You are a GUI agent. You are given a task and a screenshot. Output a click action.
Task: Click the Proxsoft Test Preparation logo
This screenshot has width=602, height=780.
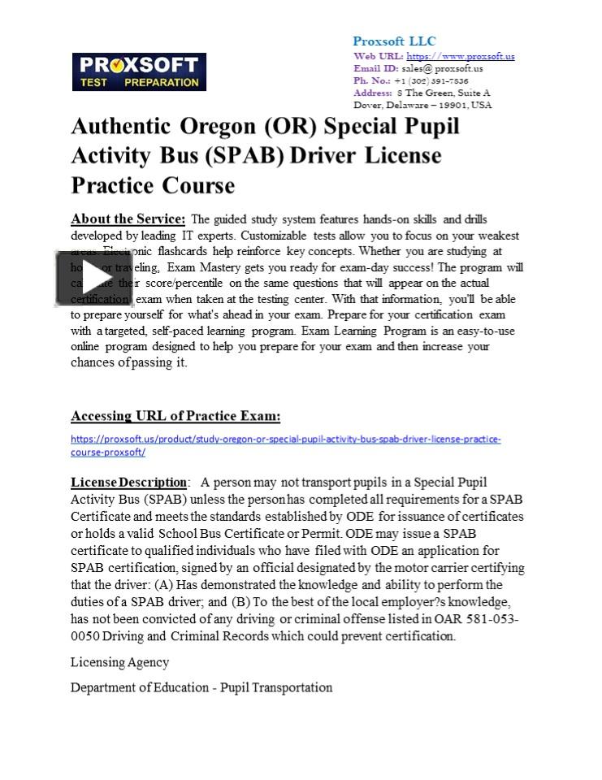click(139, 72)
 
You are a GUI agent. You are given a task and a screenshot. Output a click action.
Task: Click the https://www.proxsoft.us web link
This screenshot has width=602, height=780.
click(460, 56)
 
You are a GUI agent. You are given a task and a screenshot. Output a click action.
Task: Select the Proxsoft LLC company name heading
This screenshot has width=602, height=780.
click(394, 41)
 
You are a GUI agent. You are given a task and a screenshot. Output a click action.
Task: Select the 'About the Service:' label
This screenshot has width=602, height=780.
click(128, 219)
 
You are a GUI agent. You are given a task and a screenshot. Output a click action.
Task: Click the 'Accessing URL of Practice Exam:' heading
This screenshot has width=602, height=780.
click(175, 416)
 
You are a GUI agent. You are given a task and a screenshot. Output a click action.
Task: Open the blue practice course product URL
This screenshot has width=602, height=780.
click(285, 445)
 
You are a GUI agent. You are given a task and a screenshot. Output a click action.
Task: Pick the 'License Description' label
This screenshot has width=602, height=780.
click(128, 483)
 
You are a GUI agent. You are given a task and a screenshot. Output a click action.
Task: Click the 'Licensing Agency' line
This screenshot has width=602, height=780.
click(120, 662)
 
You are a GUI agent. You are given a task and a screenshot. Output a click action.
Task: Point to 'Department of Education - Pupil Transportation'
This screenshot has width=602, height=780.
click(201, 687)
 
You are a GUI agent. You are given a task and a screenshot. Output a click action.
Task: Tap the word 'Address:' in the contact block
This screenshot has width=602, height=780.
click(372, 93)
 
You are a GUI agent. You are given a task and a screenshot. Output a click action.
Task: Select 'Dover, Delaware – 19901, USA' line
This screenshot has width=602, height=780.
click(422, 105)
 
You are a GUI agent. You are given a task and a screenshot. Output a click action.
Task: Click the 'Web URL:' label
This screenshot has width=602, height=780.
click(378, 56)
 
